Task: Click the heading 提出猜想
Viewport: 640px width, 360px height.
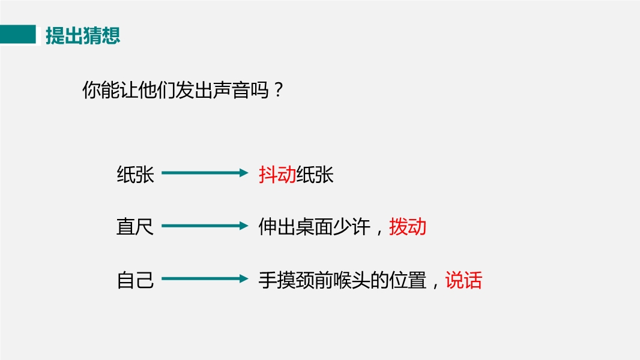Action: [x=83, y=35]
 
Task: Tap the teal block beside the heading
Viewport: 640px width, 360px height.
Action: [x=18, y=35]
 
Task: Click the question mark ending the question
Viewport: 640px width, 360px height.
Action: [x=277, y=91]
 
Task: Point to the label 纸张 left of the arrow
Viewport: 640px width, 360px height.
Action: [x=135, y=175]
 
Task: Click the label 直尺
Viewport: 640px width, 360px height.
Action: [x=135, y=227]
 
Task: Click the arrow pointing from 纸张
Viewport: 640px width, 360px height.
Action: [x=205, y=173]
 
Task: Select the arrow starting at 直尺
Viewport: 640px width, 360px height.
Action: [x=205, y=226]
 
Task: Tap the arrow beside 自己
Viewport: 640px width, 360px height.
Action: [x=205, y=279]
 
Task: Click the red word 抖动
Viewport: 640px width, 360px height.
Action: [x=277, y=175]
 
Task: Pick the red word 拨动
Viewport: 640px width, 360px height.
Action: [x=408, y=227]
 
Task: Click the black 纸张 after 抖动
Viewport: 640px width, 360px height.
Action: [x=315, y=175]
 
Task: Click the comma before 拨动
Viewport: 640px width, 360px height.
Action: [x=379, y=230]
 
